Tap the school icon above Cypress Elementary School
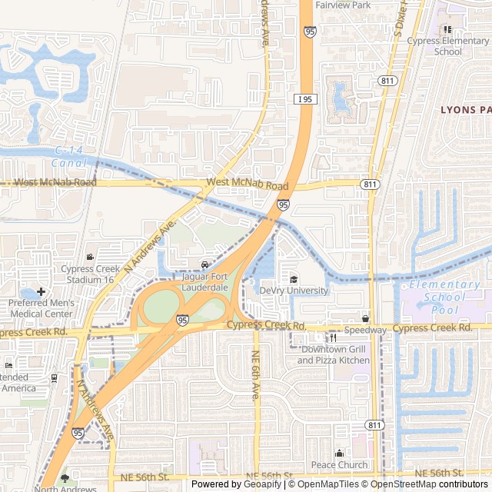point(447,29)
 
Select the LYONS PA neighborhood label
point(465,109)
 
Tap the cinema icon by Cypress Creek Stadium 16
point(91,257)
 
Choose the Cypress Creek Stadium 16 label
point(91,274)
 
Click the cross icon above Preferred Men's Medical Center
point(40,291)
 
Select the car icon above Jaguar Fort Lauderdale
point(204,265)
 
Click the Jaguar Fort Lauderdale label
point(204,281)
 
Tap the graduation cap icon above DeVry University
point(293,279)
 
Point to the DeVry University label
point(293,291)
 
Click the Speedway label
point(365,330)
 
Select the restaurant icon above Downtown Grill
point(334,337)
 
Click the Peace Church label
point(339,464)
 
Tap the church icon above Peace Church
point(339,453)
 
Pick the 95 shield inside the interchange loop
point(182,320)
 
